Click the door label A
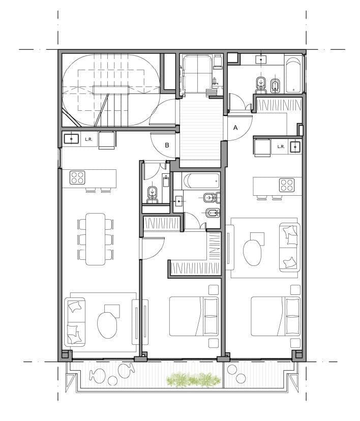[235, 128]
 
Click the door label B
[167, 145]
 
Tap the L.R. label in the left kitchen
[89, 139]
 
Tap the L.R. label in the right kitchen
[281, 146]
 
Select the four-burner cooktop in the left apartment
[77, 177]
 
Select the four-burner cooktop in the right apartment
[287, 185]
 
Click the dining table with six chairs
[95, 239]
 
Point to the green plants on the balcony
[193, 380]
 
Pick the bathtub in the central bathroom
[200, 181]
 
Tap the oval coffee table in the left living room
[107, 325]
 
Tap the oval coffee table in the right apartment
[252, 253]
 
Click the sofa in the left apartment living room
[75, 322]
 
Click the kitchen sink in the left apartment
[71, 139]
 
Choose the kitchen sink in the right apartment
[295, 146]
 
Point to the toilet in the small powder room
[152, 194]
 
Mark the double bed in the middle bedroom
[194, 316]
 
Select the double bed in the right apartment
[276, 316]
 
